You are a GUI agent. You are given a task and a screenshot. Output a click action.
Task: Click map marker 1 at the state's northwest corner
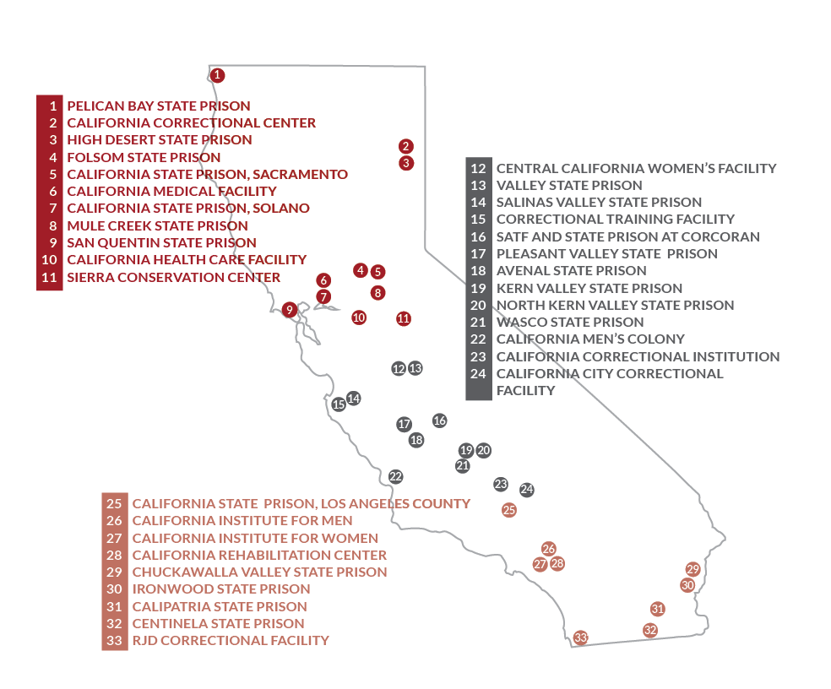(x=218, y=75)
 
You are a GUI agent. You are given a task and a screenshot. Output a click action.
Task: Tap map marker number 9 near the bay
(x=290, y=310)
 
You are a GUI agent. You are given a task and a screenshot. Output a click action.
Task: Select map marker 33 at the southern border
(x=580, y=637)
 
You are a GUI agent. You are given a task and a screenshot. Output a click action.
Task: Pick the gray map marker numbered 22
(x=396, y=477)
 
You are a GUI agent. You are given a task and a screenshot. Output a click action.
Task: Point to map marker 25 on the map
(x=508, y=510)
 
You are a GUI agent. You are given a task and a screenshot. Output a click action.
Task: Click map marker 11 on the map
(x=403, y=318)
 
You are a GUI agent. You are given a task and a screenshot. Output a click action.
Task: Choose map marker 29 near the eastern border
(x=693, y=569)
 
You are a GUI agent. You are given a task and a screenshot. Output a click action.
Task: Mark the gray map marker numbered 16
(x=439, y=420)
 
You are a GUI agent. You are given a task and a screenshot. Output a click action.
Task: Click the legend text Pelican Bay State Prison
(x=159, y=106)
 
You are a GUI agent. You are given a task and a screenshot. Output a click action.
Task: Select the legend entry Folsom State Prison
(x=144, y=157)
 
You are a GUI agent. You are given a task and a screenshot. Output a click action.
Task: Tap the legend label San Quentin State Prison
(x=161, y=242)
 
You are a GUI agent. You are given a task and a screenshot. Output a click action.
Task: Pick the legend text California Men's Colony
(x=578, y=339)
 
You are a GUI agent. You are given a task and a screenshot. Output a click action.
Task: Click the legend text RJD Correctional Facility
(x=231, y=640)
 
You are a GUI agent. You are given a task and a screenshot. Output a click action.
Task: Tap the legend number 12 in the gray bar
(x=478, y=169)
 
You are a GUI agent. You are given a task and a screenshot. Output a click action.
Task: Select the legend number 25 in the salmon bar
(x=115, y=504)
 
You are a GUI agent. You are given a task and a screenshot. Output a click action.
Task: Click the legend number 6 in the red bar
(x=52, y=192)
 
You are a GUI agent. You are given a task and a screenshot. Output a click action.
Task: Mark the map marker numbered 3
(x=406, y=163)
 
